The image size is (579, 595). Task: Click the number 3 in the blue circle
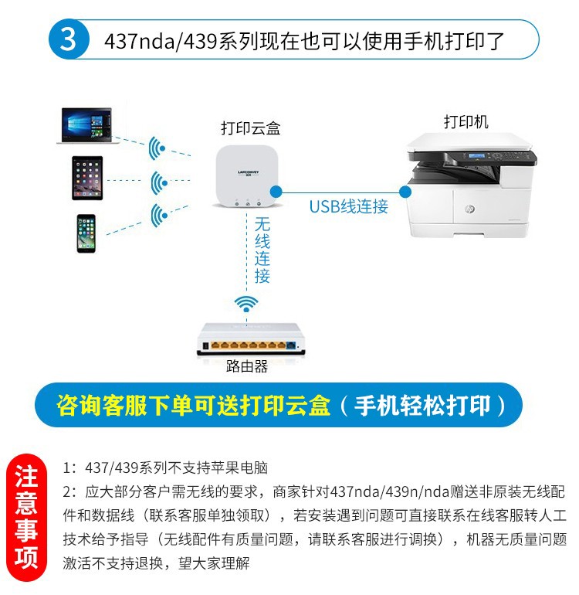click(x=68, y=39)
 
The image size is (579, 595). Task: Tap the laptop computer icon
click(x=86, y=126)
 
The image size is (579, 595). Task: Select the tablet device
click(x=87, y=178)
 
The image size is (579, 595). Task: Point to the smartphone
click(x=86, y=233)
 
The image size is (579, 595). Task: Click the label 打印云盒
click(x=251, y=128)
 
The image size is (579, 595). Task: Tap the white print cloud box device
click(x=247, y=176)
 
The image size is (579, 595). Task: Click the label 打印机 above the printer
click(x=466, y=122)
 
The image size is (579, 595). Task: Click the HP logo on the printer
click(x=469, y=209)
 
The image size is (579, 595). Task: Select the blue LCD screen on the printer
click(x=476, y=155)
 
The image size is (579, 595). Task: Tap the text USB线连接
click(x=348, y=207)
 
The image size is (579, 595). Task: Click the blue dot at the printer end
click(x=405, y=192)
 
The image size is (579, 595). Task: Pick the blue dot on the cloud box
click(x=276, y=192)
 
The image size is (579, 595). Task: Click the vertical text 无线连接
click(x=262, y=250)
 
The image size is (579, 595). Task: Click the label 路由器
click(x=247, y=366)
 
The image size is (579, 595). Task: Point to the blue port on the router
click(x=291, y=345)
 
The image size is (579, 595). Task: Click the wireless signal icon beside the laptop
click(x=157, y=148)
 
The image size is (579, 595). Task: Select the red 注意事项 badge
click(x=26, y=517)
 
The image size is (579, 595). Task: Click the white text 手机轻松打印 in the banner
click(x=422, y=405)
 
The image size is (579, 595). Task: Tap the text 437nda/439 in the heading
click(x=161, y=41)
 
